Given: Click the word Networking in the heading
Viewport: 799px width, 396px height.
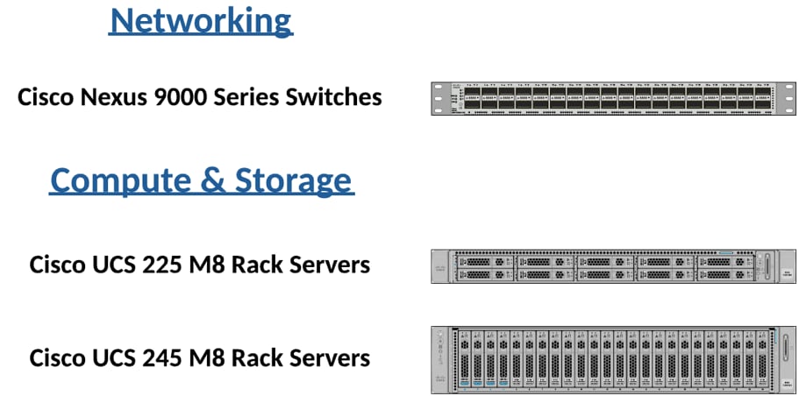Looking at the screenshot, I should click(200, 19).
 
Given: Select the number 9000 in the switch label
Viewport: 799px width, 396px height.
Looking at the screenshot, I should click(182, 96).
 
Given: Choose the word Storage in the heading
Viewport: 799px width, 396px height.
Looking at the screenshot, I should click(293, 180).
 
